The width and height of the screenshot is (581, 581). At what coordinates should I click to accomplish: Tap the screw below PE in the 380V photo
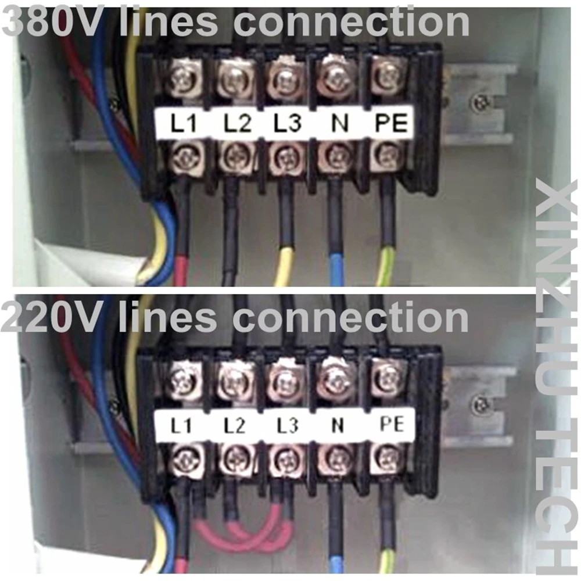click(x=386, y=156)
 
